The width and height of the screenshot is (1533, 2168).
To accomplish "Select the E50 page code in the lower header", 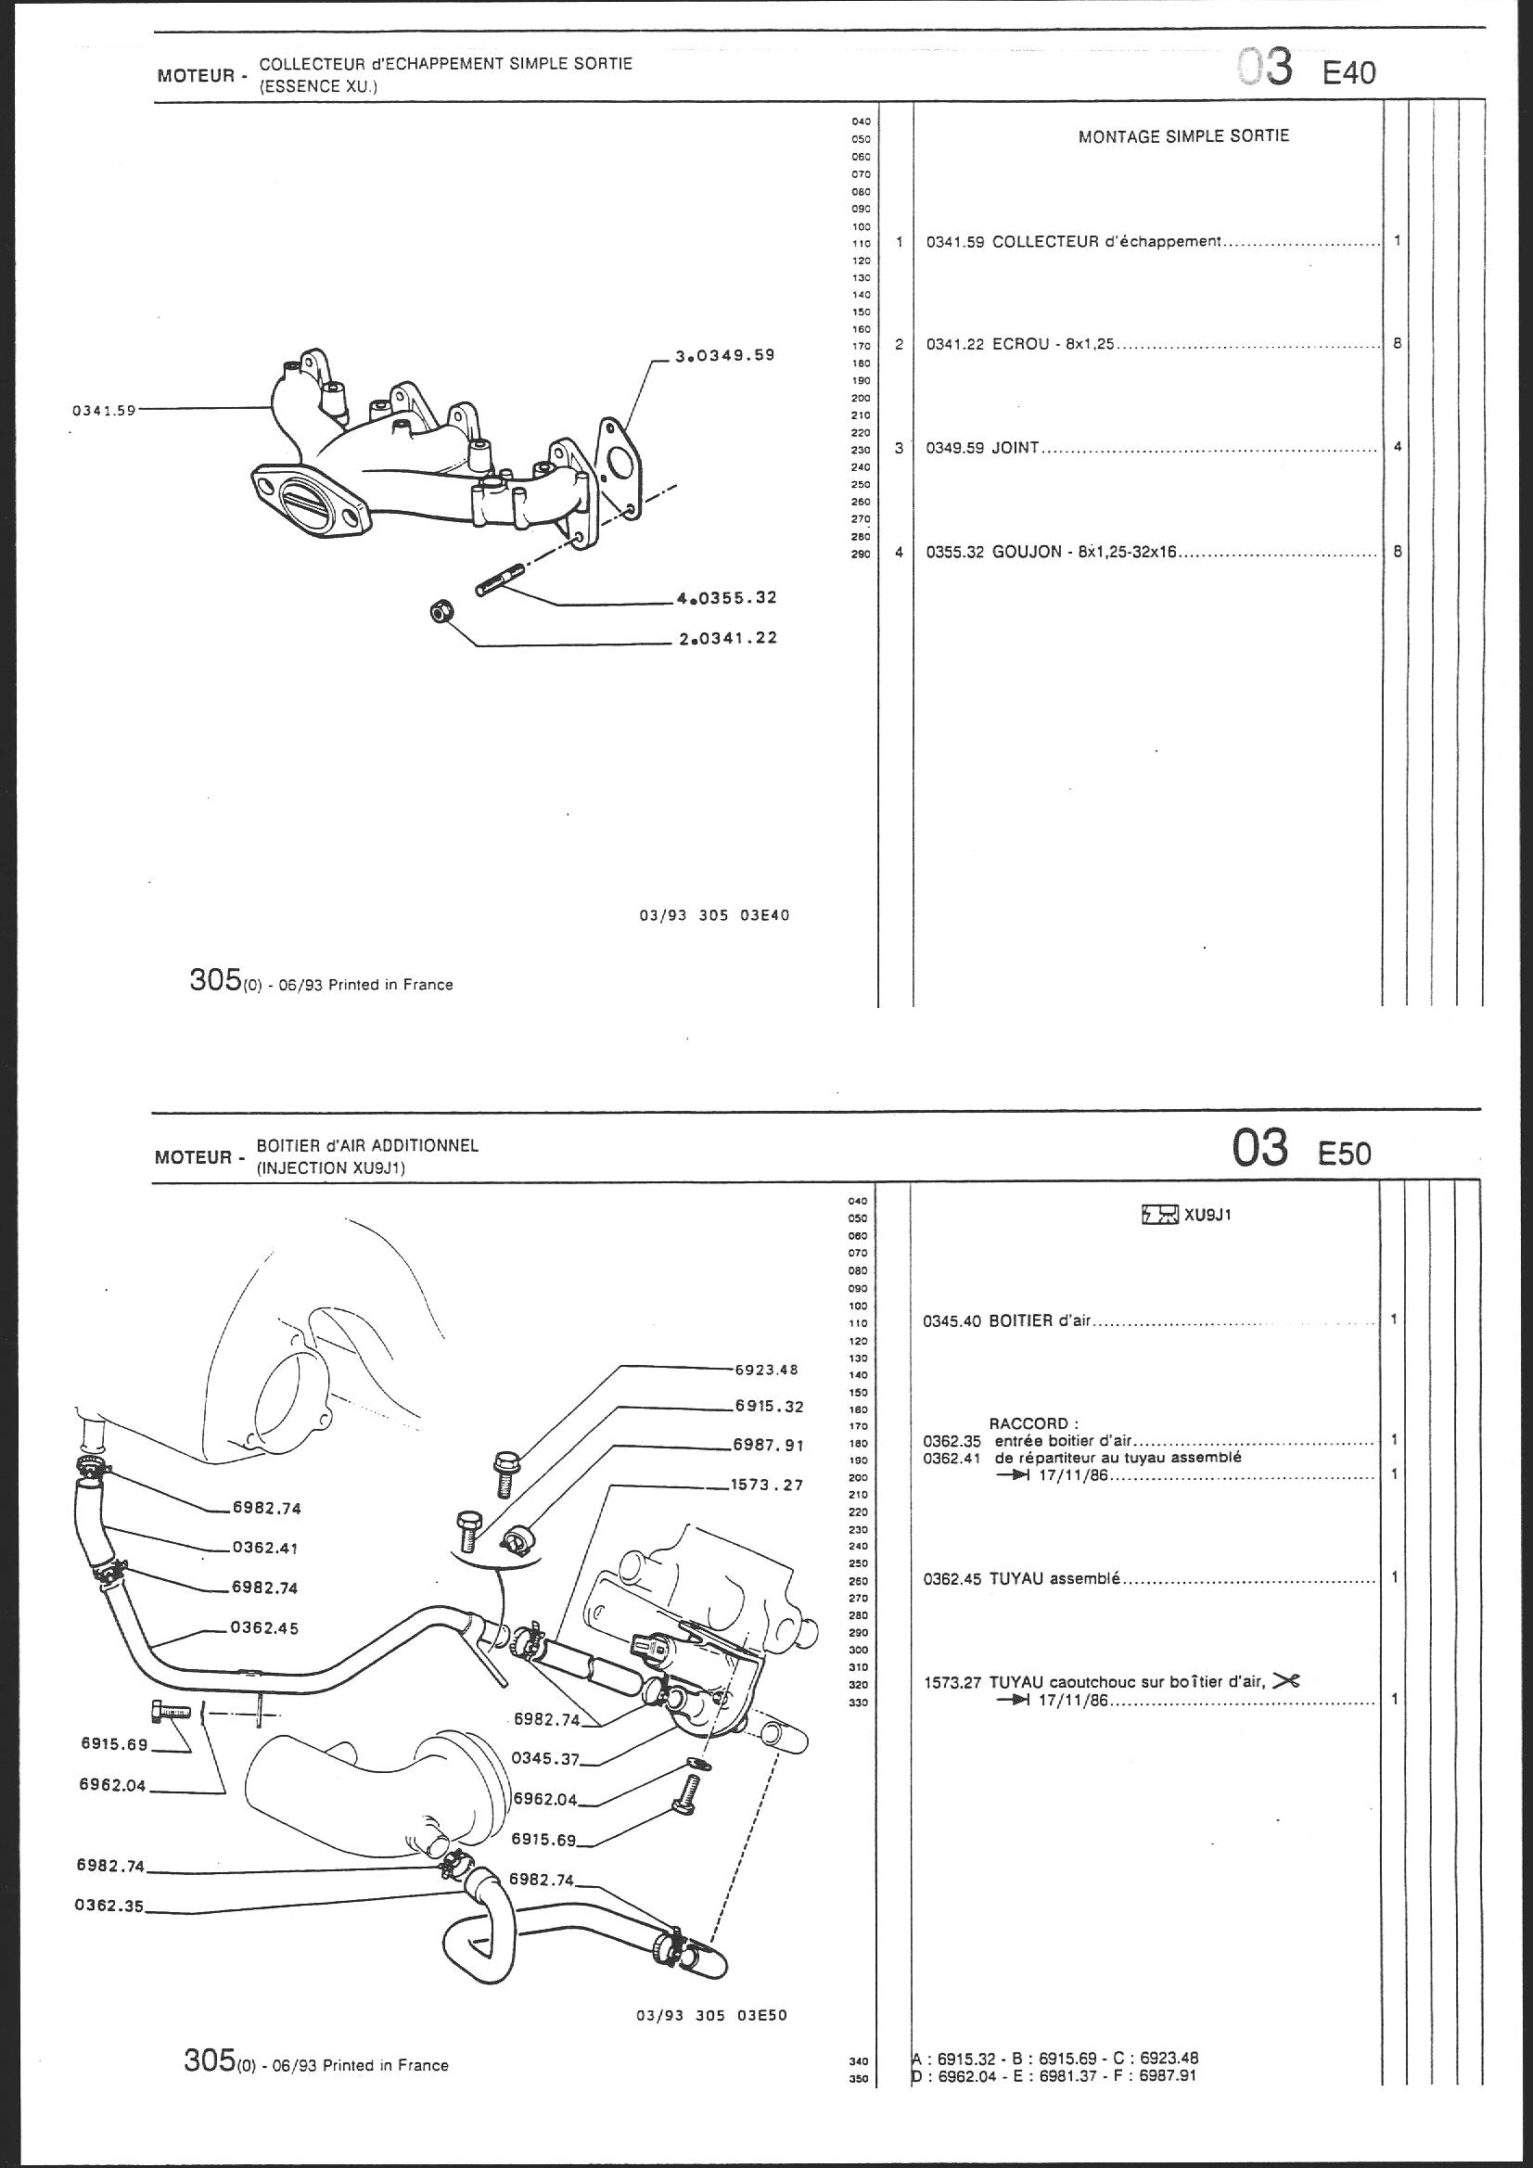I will pos(1344,1154).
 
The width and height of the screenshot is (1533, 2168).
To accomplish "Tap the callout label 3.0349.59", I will pos(724,356).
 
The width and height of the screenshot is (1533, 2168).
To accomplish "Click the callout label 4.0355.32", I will pos(726,598).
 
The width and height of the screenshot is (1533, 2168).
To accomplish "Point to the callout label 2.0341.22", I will pos(727,638).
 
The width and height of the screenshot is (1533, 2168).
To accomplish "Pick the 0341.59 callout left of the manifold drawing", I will pos(104,411).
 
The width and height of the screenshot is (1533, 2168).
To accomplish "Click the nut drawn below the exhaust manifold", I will pos(441,612).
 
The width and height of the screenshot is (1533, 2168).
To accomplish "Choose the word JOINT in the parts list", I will pos(1016,449).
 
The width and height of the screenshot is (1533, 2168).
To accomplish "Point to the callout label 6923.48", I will pos(766,1371).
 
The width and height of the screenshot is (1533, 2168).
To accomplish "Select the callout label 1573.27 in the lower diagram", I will pos(766,1486).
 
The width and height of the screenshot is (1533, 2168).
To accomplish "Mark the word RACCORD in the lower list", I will pos(1028,1423).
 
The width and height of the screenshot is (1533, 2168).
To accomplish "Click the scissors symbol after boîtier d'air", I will pos(1286,1681).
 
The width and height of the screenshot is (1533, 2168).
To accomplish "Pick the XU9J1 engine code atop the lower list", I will pos(1207,1216).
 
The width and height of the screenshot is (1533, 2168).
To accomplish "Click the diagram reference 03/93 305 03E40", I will pos(713,916).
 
